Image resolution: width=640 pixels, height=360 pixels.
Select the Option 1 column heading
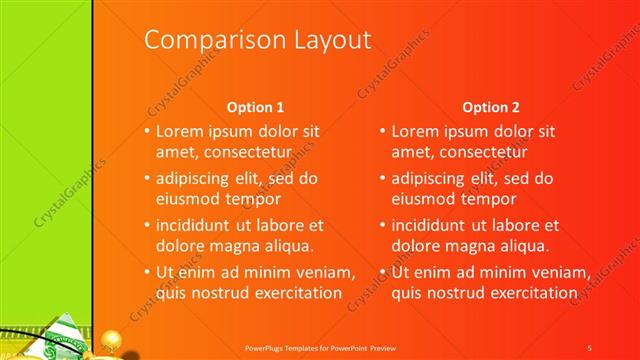click(x=255, y=107)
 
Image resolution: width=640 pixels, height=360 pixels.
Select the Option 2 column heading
click(x=491, y=107)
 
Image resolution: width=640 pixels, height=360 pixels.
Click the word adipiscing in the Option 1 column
click(x=195, y=178)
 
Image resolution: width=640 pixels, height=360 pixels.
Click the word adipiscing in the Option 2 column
click(x=431, y=178)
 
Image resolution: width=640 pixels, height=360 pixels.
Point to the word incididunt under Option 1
click(x=196, y=225)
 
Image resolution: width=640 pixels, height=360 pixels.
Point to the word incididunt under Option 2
click(x=432, y=225)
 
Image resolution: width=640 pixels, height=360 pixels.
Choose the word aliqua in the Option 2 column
click(x=525, y=245)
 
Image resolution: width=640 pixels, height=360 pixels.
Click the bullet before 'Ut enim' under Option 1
click(x=147, y=273)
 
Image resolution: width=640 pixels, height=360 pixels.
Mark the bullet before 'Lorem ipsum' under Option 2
click(x=383, y=132)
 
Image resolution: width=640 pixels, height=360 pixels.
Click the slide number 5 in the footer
click(x=590, y=348)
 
